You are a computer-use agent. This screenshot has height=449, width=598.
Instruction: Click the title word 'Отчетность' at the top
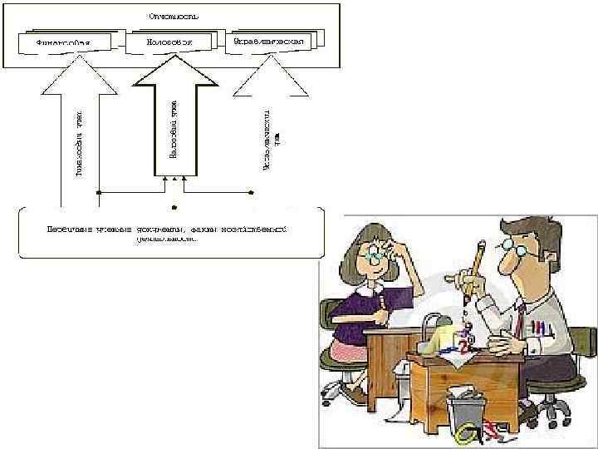[174, 14]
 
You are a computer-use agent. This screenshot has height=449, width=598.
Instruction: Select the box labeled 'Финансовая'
[63, 41]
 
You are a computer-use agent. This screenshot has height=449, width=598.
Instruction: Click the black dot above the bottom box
[174, 204]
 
